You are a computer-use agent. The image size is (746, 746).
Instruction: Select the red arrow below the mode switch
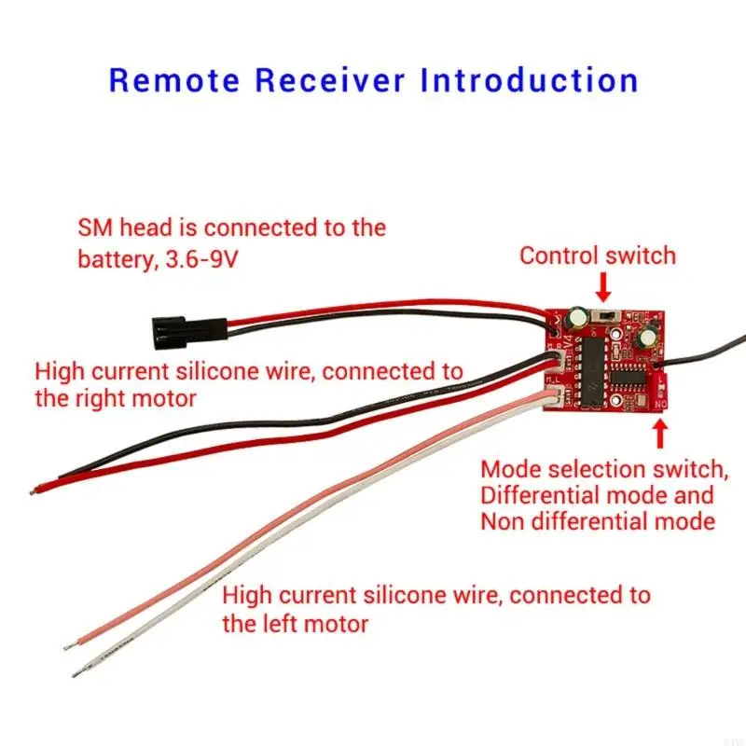660,433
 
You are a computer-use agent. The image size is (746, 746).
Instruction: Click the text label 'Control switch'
598,256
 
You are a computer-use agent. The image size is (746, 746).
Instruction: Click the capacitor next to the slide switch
579,320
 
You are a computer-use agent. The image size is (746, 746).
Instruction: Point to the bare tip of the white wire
76,670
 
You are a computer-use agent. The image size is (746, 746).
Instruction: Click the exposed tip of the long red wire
35,487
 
